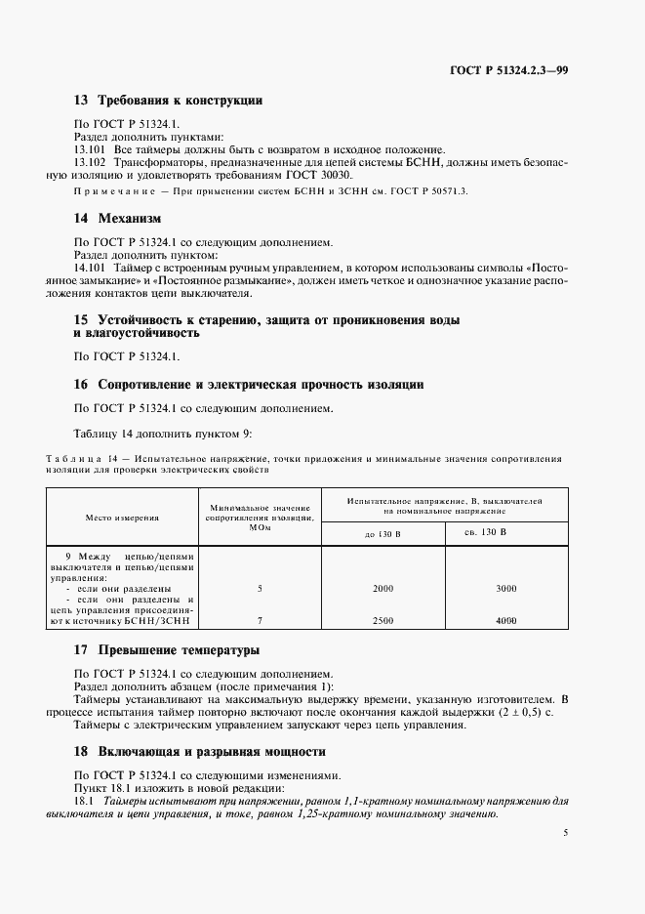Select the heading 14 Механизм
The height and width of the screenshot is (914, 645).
click(x=117, y=218)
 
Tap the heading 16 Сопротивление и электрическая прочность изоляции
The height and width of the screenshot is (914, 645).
click(x=249, y=385)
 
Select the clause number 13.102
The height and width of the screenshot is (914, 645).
click(x=91, y=162)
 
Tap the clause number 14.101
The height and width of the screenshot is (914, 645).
click(x=91, y=266)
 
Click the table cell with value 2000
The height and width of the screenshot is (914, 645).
click(x=383, y=589)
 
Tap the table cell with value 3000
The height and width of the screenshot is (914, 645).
click(x=505, y=589)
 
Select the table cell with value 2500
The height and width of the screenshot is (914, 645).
click(x=383, y=621)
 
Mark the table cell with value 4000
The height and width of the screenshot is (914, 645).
click(x=505, y=621)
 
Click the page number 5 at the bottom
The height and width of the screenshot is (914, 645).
click(x=566, y=833)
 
